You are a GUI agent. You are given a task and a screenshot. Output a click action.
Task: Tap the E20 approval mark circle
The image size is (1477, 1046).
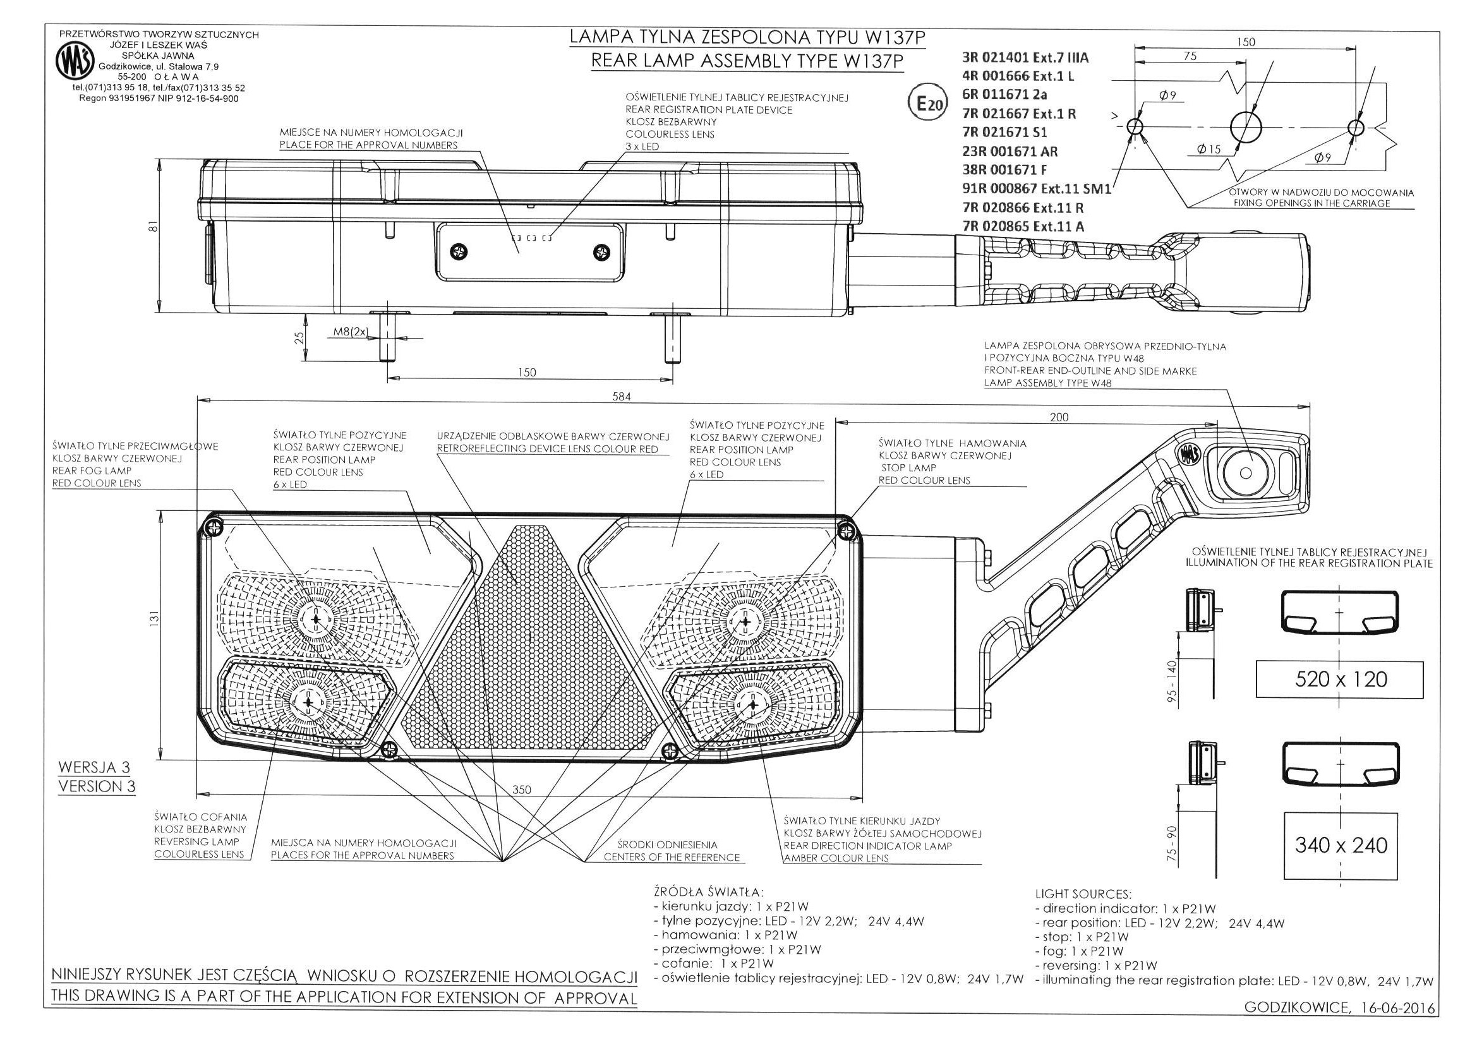[928, 104]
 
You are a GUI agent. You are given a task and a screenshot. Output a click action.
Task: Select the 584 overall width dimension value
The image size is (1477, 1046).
[621, 397]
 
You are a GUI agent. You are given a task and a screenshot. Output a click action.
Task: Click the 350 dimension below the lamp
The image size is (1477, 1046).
[522, 790]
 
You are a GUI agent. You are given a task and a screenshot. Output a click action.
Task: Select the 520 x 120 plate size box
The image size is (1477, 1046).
[1341, 680]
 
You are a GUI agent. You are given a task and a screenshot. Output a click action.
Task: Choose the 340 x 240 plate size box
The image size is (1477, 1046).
[1341, 845]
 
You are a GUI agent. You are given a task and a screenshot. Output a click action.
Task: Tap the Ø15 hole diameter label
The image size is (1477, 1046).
[1209, 150]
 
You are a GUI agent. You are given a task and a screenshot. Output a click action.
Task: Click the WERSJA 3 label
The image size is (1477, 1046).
[94, 767]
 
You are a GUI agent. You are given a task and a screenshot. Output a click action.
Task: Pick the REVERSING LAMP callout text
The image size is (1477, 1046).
[196, 841]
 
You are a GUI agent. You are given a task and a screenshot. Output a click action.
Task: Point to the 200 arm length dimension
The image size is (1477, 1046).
[1058, 417]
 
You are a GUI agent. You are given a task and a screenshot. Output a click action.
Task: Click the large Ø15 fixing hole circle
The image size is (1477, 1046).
[1248, 126]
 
